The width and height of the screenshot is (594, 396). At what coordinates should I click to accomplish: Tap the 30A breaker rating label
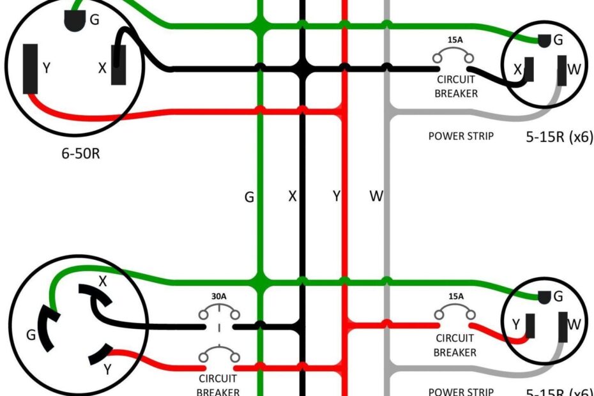[220, 296]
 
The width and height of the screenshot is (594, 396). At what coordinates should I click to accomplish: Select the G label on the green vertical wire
[249, 197]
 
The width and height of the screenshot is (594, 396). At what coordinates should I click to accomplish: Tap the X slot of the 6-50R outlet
[119, 66]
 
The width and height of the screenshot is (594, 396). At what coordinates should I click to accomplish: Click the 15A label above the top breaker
[455, 40]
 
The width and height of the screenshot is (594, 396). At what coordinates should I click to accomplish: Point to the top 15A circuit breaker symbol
[455, 57]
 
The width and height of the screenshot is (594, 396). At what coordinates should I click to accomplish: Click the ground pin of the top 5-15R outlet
[544, 41]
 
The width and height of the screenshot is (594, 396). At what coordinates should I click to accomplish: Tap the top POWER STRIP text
[461, 136]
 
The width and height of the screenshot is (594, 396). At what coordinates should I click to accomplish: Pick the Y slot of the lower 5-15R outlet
[529, 326]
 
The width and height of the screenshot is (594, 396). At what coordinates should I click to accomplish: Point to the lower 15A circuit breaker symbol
[455, 314]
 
